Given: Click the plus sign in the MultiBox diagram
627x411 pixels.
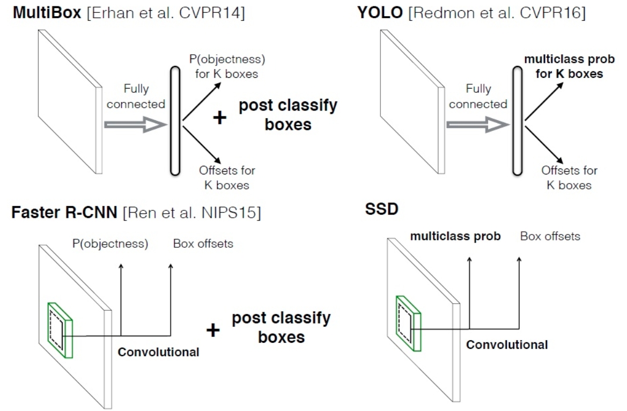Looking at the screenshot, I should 219,118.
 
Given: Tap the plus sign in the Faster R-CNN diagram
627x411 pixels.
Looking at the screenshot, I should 213,330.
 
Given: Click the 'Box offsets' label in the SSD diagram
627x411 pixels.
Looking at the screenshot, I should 550,236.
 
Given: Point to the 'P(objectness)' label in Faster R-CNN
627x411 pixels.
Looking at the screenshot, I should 110,244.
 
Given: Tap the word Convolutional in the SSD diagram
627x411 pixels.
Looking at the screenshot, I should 507,345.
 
